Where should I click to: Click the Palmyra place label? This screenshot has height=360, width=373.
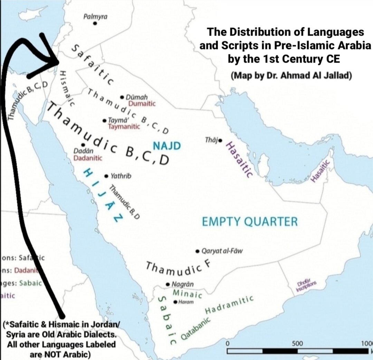[x=96, y=16]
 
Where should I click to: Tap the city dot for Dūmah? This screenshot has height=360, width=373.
[x=122, y=98]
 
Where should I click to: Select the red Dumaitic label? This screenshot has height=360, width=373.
[x=142, y=103]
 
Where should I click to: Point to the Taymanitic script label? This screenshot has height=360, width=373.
[x=124, y=127]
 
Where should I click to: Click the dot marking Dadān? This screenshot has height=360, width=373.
[x=83, y=145]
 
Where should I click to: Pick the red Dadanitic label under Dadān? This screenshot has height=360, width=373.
[x=88, y=158]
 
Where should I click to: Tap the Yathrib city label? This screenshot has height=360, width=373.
[x=121, y=176]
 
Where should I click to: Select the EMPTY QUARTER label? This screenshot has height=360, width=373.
[x=249, y=222]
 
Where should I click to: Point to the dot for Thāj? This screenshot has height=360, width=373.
[x=221, y=140]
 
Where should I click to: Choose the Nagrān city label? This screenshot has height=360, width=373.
[x=182, y=284]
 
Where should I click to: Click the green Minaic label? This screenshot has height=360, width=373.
[x=186, y=294]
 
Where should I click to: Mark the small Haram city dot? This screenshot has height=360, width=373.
[x=175, y=302]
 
